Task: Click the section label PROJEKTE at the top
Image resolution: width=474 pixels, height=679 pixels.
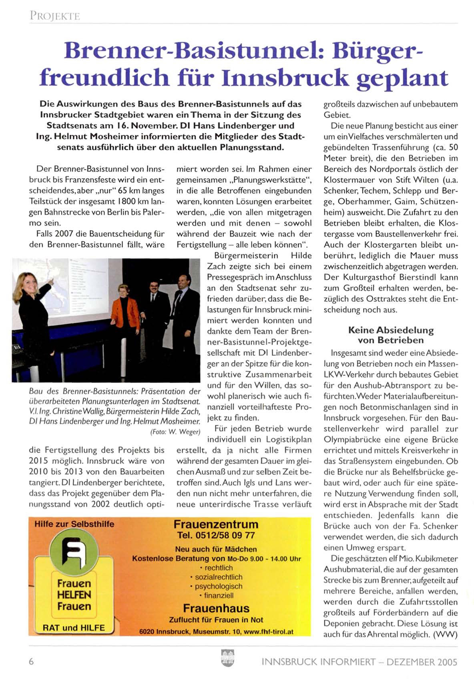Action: point(54,16)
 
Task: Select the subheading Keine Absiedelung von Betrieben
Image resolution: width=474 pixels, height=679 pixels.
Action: point(391,335)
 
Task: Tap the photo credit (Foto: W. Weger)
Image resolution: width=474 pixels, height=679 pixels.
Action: point(175,432)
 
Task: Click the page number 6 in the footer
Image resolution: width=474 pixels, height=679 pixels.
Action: point(31,661)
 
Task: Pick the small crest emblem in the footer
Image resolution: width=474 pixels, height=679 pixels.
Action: point(227,657)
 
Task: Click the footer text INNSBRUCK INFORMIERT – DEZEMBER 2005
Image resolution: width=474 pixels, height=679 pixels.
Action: point(359,662)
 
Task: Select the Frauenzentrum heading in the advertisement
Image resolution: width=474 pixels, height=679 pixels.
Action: point(216,524)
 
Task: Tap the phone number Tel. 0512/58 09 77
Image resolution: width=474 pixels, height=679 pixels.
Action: point(216,535)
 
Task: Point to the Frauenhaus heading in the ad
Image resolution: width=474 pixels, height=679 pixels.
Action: point(216,608)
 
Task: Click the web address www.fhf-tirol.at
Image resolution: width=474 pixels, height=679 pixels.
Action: point(268,632)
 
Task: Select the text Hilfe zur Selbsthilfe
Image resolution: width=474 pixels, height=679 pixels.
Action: point(74,524)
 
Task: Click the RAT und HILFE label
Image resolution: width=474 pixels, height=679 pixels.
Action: point(74,628)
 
